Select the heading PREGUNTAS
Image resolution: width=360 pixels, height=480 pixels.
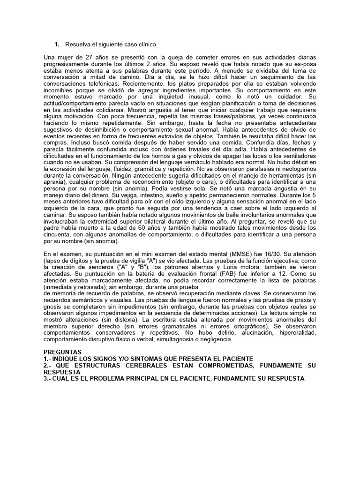pos(62,352)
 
